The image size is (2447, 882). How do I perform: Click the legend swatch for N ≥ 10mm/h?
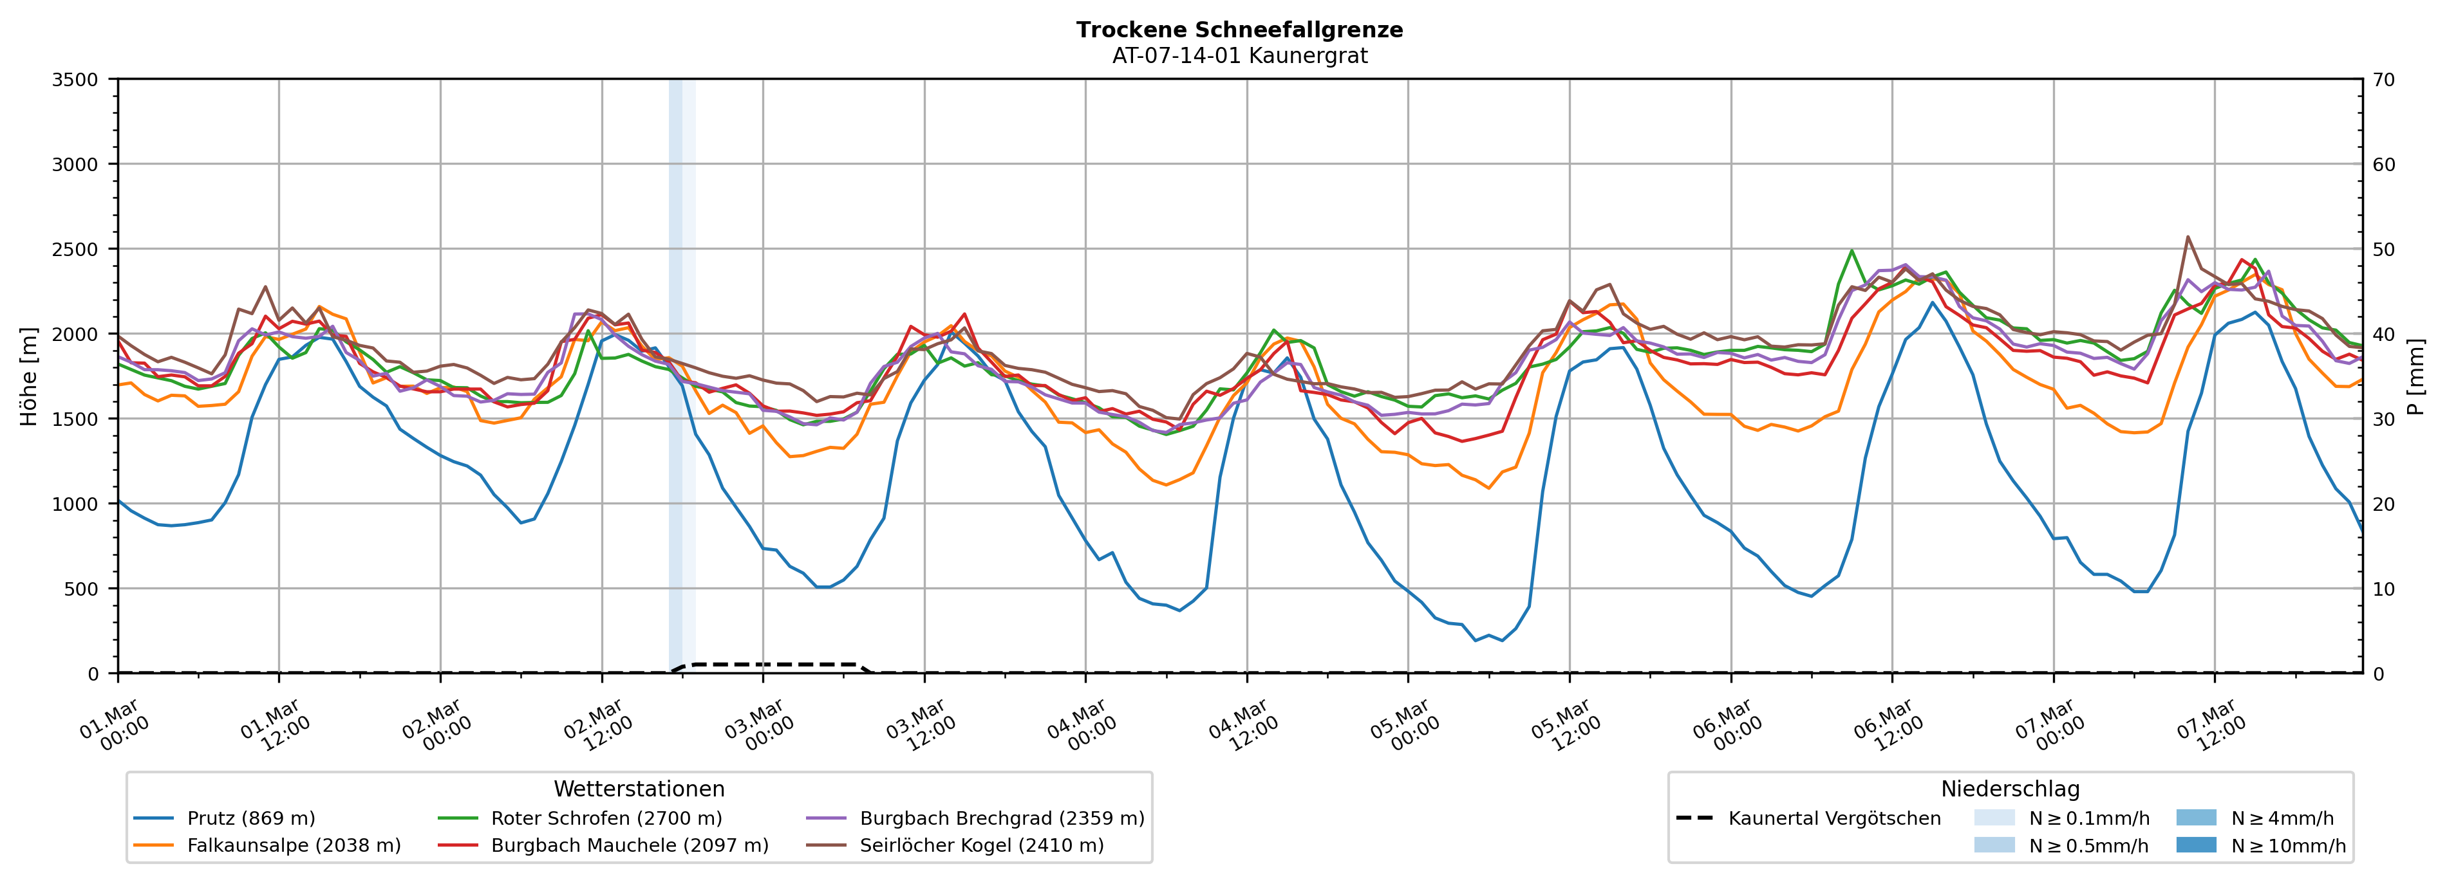coord(2196,845)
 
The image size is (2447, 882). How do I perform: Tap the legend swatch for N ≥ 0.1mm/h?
coord(1994,818)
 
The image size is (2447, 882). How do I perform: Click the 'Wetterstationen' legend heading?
coord(639,789)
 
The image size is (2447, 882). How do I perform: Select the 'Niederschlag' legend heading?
coord(2010,789)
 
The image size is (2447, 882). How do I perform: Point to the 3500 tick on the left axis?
coord(75,80)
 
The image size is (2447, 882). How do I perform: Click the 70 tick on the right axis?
coord(2383,80)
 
